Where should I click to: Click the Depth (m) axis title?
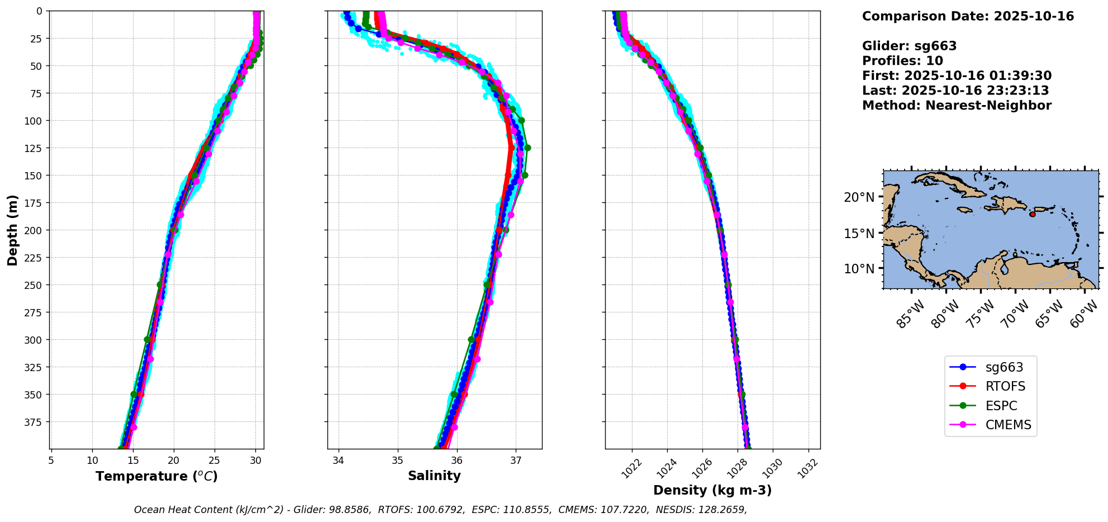pos(13,230)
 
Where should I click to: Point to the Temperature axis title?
pos(156,476)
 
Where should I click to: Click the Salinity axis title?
pos(434,476)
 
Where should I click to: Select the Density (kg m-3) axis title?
pos(712,490)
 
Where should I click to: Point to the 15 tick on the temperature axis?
pos(133,461)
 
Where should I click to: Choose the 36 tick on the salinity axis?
pos(456,461)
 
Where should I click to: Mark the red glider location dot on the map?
pos(1032,214)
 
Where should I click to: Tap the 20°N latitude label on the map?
pos(859,197)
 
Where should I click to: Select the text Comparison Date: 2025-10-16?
pos(968,16)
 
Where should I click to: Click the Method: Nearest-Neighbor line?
pos(957,106)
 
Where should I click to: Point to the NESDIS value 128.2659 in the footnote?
pos(724,510)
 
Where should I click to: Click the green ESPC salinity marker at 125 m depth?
pos(527,148)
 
